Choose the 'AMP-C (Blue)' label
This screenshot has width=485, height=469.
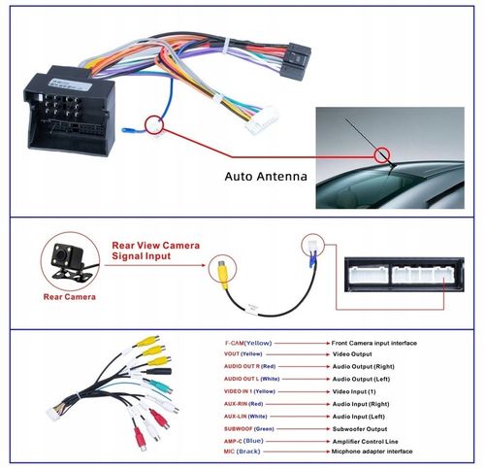pos(242,440)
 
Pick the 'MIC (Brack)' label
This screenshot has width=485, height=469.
pos(241,452)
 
